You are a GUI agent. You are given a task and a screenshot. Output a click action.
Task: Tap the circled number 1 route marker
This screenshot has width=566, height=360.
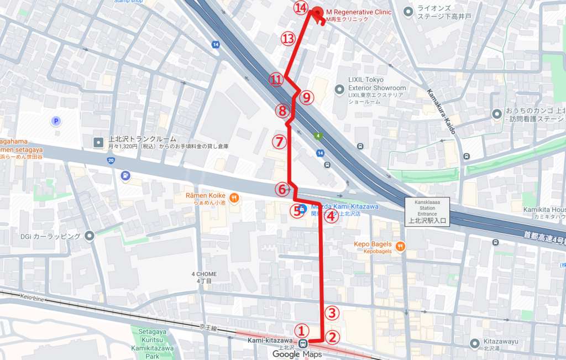(301, 331)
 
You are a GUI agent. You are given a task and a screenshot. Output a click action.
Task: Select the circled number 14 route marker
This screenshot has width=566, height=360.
(301, 8)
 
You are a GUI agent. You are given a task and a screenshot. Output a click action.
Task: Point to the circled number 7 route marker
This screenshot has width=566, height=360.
(279, 142)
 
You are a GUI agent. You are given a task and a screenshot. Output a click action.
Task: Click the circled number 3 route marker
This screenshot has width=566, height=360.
(331, 313)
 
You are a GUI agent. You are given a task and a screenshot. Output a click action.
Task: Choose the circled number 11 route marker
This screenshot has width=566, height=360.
(276, 80)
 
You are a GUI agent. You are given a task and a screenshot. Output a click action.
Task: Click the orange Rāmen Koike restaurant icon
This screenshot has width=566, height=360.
(234, 197)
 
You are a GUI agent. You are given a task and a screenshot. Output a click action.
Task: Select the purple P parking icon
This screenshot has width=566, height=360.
(55, 121)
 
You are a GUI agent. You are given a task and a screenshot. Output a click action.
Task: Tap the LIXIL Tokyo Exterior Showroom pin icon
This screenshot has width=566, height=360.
(340, 88)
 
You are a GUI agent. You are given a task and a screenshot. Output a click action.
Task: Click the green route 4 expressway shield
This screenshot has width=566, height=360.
(318, 135)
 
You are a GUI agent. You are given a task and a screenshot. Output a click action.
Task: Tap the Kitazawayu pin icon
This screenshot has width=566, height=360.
(473, 343)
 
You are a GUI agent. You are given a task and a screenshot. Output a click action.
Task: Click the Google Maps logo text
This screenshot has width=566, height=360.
(297, 354)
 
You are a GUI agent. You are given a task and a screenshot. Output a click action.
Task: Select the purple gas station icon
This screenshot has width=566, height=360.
(125, 176)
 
